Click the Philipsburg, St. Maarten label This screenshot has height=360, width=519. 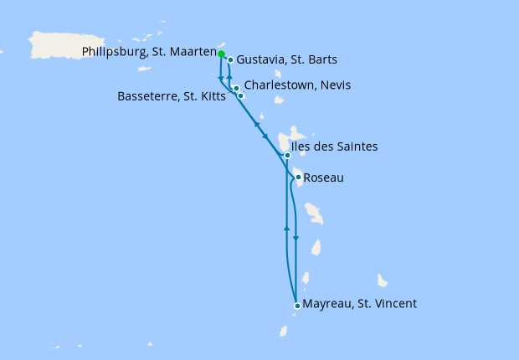(x=150, y=52)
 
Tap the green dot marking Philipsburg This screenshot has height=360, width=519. (x=222, y=54)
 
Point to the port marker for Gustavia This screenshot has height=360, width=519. (x=230, y=60)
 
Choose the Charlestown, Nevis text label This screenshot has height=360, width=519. (x=297, y=85)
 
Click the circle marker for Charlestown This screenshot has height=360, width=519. (x=237, y=88)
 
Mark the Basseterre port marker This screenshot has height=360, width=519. (x=241, y=96)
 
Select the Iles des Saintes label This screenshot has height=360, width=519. (x=334, y=147)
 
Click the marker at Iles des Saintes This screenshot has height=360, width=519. (x=287, y=155)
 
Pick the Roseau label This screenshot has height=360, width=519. (x=323, y=177)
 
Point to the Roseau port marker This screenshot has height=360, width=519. (x=298, y=177)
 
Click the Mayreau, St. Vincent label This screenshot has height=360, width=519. (x=359, y=303)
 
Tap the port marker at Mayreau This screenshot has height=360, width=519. (x=297, y=306)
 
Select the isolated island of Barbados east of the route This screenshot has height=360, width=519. (x=383, y=280)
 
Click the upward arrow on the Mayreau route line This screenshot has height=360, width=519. (x=287, y=228)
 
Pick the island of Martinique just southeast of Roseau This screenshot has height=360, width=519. (x=314, y=213)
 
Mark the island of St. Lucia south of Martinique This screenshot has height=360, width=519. (x=316, y=248)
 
